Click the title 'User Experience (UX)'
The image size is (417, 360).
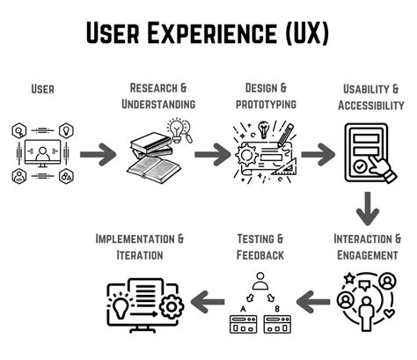pyautogui.click(x=208, y=33)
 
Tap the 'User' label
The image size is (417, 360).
pyautogui.click(x=42, y=89)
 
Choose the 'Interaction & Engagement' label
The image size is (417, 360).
pyautogui.click(x=369, y=246)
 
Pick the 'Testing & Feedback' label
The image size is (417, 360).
pyautogui.click(x=261, y=246)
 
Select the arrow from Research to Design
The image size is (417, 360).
pyautogui.click(x=212, y=155)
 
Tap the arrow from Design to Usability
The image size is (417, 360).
pyautogui.click(x=318, y=155)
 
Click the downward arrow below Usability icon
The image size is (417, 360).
pyautogui.click(x=369, y=211)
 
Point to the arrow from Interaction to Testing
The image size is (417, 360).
pyautogui.click(x=313, y=303)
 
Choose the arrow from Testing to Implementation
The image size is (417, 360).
pyautogui.click(x=208, y=303)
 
